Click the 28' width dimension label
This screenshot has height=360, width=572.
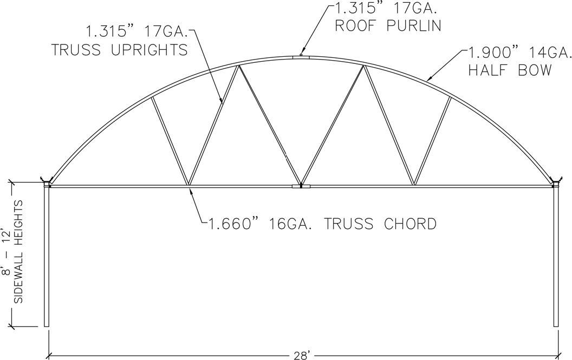point(301,355)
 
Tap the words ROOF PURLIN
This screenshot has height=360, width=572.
point(388,25)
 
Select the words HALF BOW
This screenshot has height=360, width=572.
point(510,70)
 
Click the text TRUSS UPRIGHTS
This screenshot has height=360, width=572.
point(119,50)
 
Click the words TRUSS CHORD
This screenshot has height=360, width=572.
point(380,224)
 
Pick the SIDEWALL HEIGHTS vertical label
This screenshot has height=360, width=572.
point(18,251)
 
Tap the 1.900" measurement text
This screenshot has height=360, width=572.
point(490,53)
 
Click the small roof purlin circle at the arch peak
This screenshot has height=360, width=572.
point(301,55)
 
